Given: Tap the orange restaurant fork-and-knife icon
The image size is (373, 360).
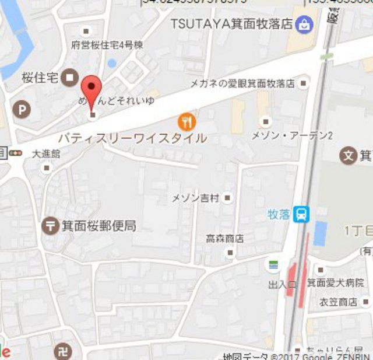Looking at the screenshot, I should pyautogui.click(x=186, y=121).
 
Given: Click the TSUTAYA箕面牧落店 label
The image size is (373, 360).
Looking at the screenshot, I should pyautogui.click(x=231, y=24).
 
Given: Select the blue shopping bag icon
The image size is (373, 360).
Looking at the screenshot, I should pyautogui.click(x=304, y=25).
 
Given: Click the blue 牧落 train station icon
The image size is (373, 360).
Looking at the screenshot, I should pyautogui.click(x=301, y=214).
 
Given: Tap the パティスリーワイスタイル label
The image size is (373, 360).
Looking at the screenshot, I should pyautogui.click(x=132, y=138).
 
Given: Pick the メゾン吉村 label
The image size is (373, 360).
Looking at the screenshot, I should pyautogui.click(x=195, y=198).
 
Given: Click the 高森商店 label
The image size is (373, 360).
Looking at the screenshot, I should pyautogui.click(x=224, y=239).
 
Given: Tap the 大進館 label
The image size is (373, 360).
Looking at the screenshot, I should pyautogui.click(x=46, y=154).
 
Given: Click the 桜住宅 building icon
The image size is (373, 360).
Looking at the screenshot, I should pyautogui.click(x=71, y=76).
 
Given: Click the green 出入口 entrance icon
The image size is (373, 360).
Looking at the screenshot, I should pyautogui.click(x=273, y=264).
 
